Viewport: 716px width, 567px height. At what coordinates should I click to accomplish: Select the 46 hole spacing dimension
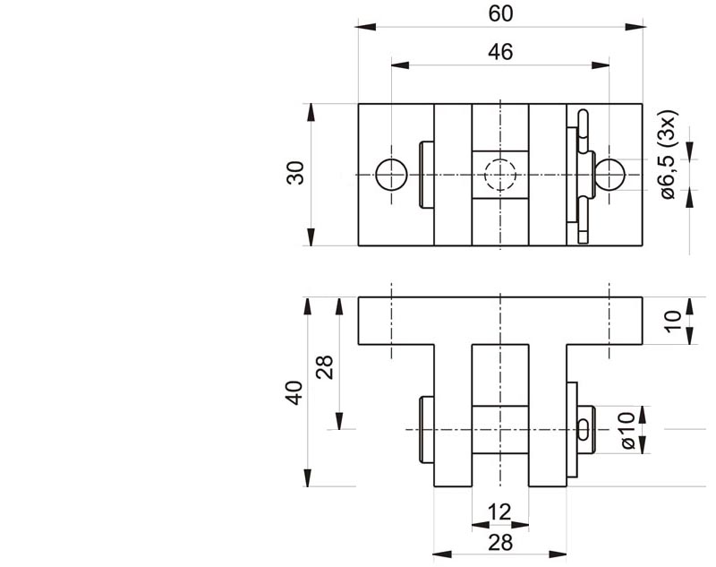click(x=500, y=52)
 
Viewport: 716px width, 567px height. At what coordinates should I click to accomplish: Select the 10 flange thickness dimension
click(x=674, y=319)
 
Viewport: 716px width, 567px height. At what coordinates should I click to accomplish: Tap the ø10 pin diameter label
click(x=626, y=429)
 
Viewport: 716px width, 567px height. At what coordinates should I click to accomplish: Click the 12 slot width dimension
click(x=499, y=511)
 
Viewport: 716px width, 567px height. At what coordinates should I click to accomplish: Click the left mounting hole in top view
click(x=392, y=174)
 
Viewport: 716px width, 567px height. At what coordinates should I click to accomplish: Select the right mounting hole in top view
click(x=609, y=174)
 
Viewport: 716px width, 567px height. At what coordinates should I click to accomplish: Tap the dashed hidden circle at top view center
click(x=499, y=174)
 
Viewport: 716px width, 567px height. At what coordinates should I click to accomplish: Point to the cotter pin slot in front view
click(x=585, y=429)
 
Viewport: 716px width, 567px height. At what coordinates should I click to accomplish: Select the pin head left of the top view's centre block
click(x=426, y=174)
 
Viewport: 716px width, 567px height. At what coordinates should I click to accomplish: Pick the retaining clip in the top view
click(x=583, y=174)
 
